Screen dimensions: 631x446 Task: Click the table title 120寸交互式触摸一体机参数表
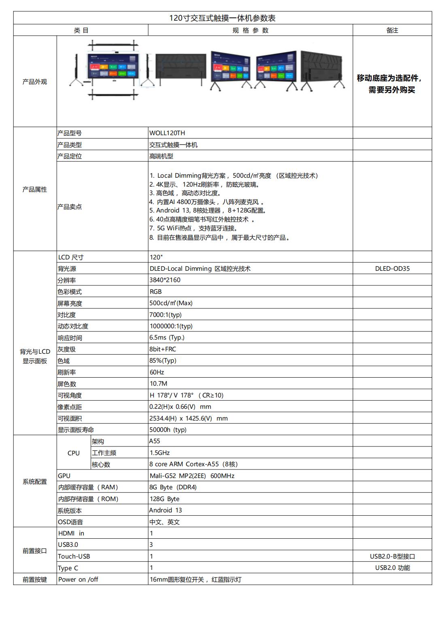(222, 18)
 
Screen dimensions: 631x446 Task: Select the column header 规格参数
(250, 30)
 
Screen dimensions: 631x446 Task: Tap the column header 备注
(392, 30)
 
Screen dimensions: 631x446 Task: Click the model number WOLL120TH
(167, 133)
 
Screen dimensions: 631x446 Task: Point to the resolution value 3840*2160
(165, 280)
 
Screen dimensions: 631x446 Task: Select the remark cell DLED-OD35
(392, 268)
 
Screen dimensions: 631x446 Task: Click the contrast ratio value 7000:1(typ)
(166, 314)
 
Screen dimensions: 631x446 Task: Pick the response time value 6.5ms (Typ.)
(167, 337)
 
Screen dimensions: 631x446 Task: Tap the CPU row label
(74, 453)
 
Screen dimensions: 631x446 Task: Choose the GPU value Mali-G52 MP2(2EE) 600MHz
(192, 476)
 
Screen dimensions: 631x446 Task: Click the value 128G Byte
(164, 499)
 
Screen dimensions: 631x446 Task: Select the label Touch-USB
(74, 556)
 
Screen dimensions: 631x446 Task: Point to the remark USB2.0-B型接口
(392, 556)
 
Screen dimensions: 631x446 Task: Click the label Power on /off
(78, 579)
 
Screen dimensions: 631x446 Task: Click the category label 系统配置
(35, 481)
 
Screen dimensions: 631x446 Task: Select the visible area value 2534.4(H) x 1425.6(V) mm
(188, 418)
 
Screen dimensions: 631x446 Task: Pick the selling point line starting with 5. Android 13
(208, 210)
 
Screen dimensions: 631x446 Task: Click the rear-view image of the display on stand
(322, 70)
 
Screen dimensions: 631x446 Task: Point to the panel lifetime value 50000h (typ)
(168, 429)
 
